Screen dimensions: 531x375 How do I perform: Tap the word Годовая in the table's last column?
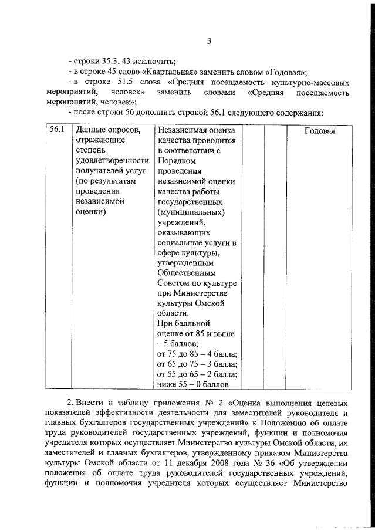(x=319, y=131)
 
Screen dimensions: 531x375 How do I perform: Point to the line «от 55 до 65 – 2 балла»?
(x=197, y=374)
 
